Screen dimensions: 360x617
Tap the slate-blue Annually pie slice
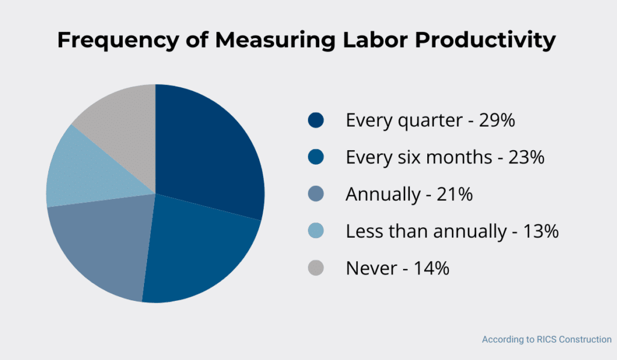(99, 244)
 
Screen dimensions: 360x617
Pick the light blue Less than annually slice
(81, 172)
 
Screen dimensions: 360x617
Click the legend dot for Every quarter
(315, 121)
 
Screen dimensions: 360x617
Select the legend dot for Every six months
(315, 157)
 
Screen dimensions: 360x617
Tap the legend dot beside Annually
(315, 194)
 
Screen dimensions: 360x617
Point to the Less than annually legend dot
(315, 231)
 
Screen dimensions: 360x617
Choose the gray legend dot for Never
(315, 268)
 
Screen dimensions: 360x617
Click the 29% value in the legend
(496, 121)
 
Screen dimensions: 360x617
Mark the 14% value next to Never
(431, 268)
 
